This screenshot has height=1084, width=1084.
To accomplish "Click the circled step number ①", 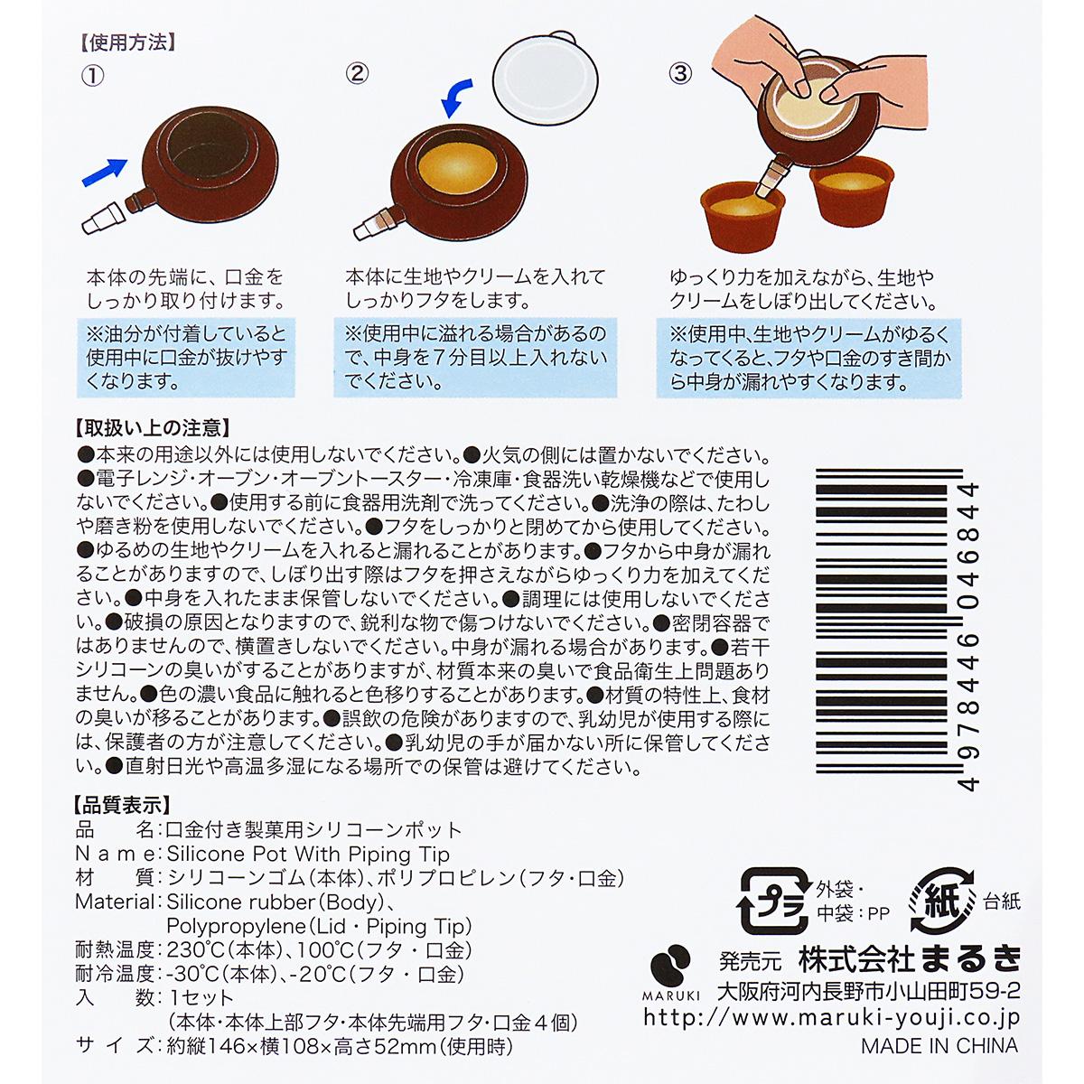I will click(93, 75).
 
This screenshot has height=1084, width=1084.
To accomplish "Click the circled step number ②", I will click(358, 73).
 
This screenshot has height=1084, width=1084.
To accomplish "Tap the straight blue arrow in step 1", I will click(105, 172).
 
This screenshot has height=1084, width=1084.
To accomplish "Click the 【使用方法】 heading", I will click(126, 42).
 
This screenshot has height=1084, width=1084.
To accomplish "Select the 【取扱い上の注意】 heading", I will click(150, 427).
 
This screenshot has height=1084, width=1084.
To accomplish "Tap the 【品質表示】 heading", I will click(121, 804).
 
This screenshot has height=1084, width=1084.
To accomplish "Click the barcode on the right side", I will click(894, 632).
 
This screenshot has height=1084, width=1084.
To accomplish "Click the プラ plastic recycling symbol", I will click(773, 900).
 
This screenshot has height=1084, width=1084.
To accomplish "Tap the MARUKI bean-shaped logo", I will click(671, 963).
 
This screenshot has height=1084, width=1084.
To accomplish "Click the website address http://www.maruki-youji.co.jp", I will click(831, 1017).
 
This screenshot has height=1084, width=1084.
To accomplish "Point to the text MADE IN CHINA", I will click(939, 1046).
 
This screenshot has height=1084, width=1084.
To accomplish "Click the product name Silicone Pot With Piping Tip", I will click(308, 854).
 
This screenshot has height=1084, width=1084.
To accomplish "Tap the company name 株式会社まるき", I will click(909, 958).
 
